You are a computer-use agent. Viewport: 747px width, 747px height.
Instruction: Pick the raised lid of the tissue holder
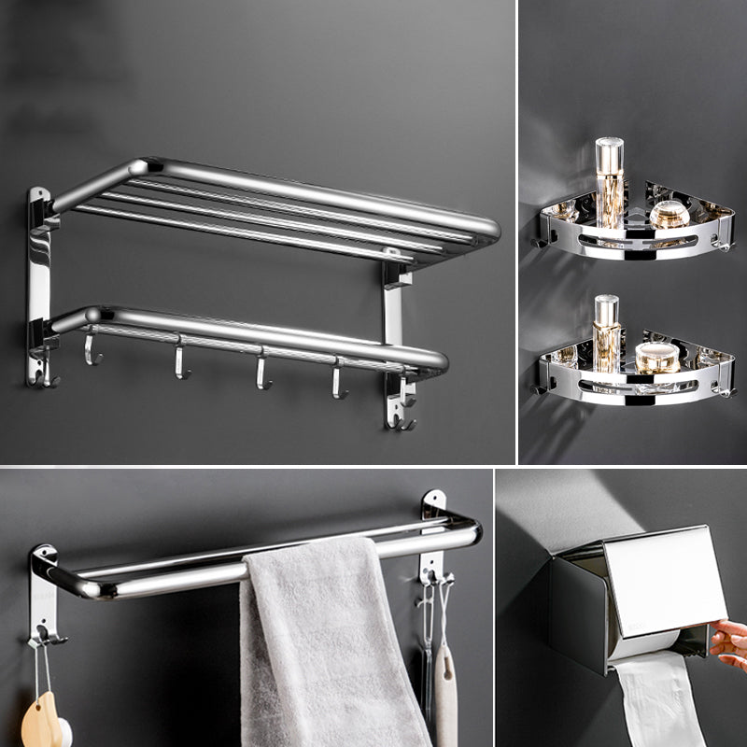point(665,579)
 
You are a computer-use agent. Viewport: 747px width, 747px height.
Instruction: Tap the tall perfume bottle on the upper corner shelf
point(610,182)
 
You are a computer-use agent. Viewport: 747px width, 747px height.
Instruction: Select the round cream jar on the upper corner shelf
point(669,214)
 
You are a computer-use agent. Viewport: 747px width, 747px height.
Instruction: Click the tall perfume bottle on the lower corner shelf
point(607,331)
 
